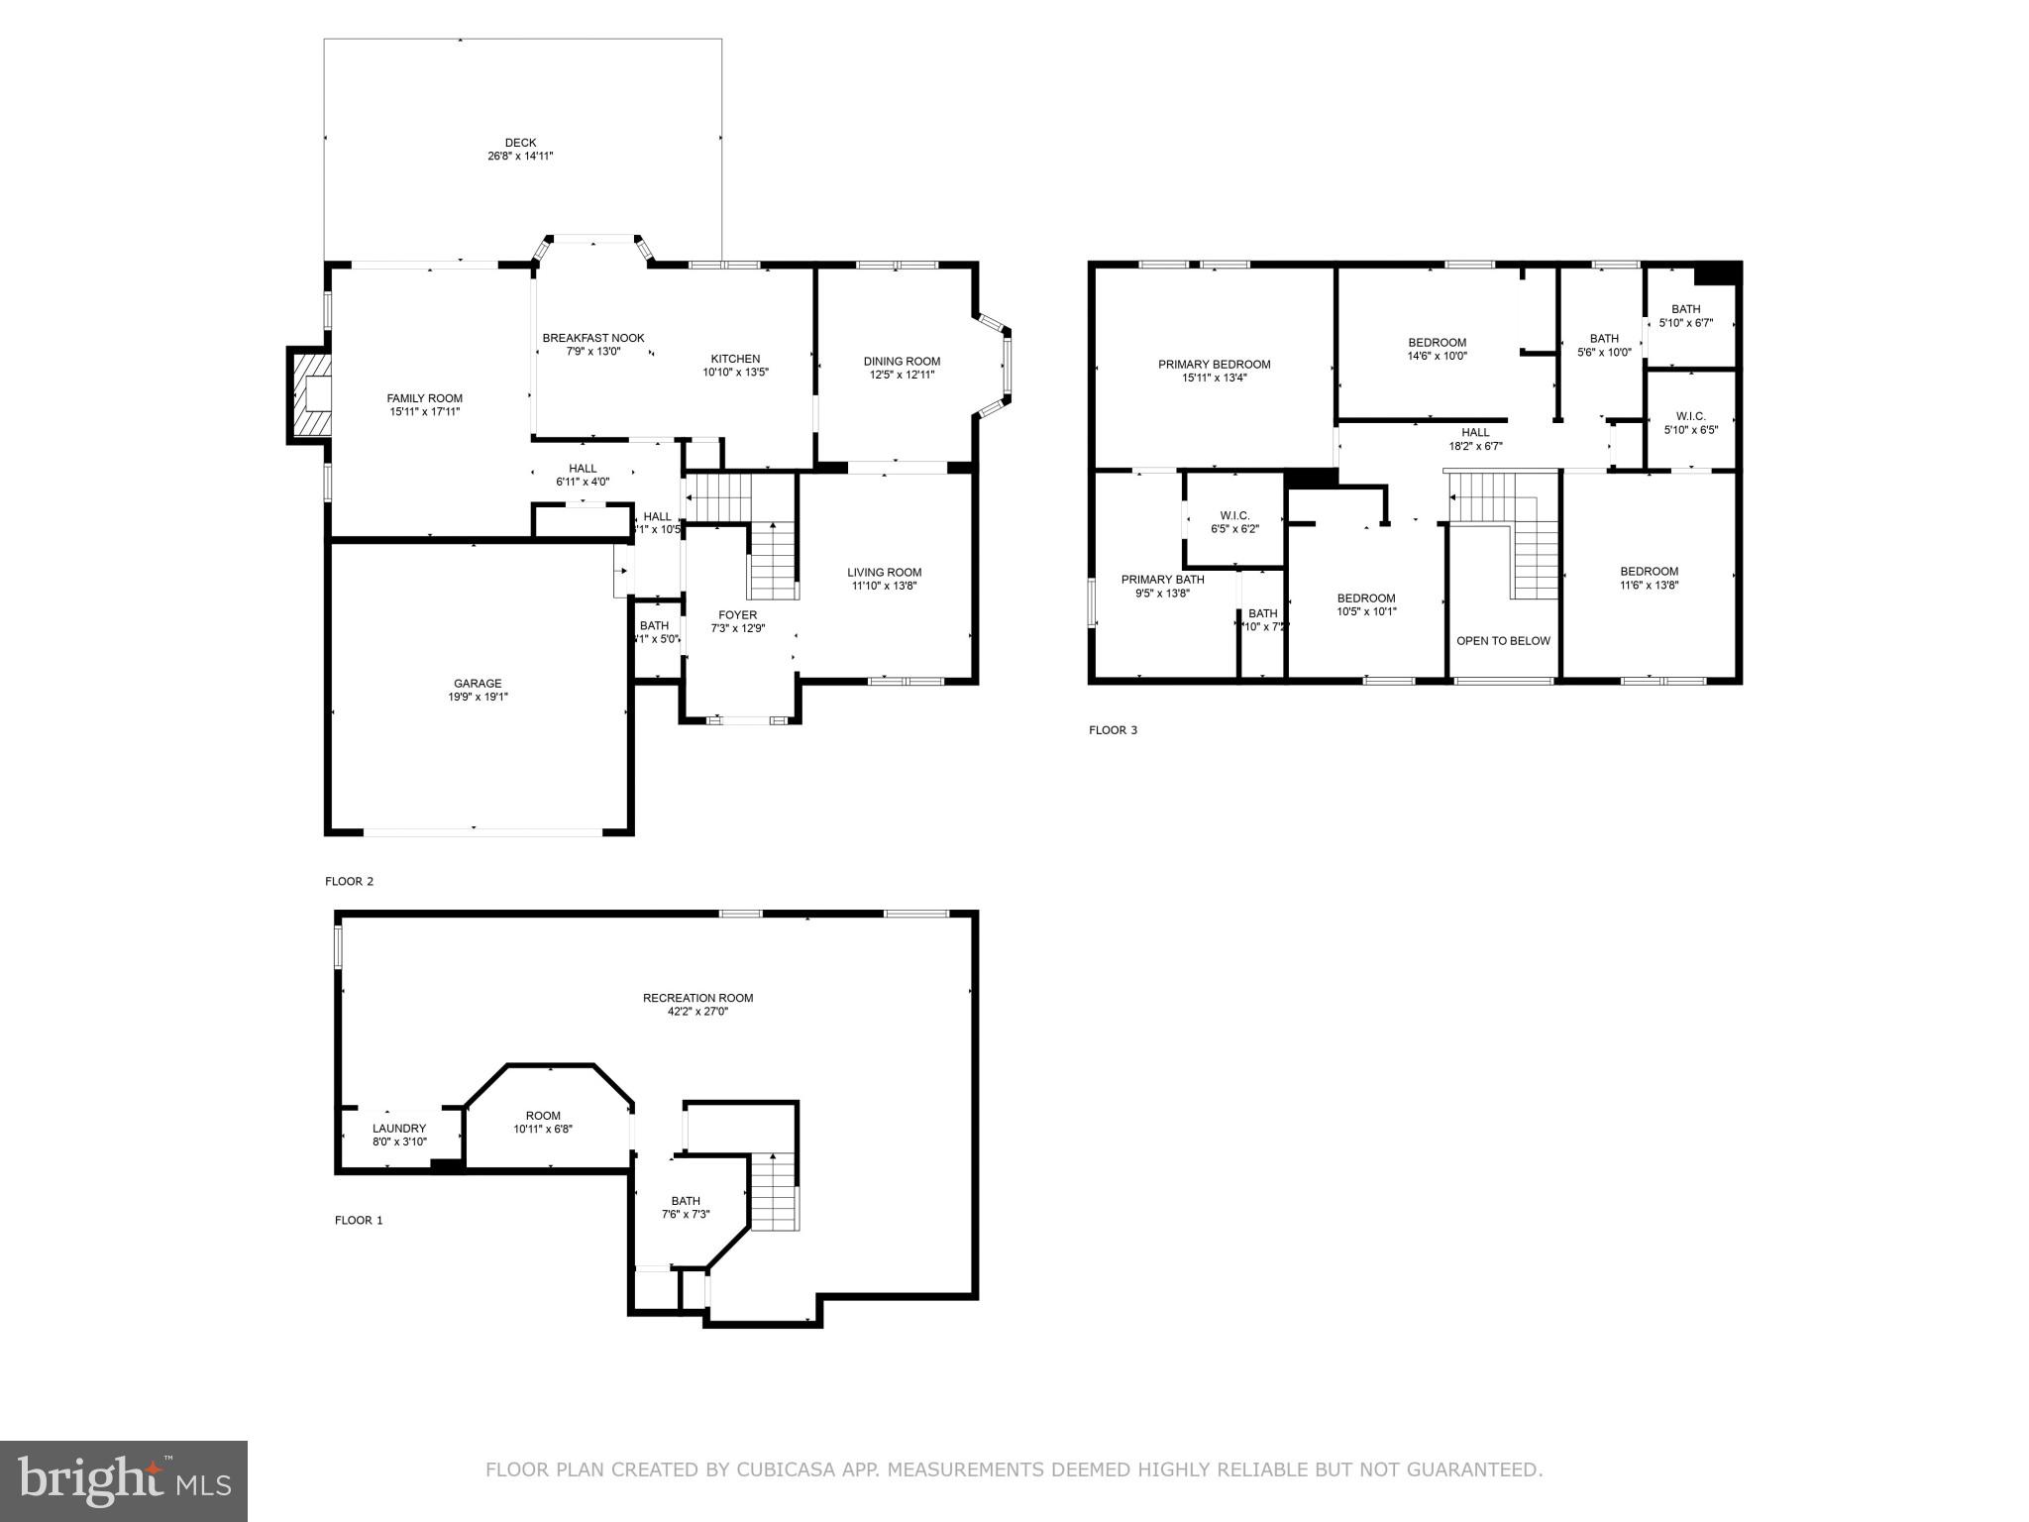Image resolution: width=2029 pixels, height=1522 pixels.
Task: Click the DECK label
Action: click(x=520, y=143)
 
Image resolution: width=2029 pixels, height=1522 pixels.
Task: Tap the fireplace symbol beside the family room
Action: click(x=310, y=395)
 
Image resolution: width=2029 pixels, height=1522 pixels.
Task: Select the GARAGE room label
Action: click(x=478, y=684)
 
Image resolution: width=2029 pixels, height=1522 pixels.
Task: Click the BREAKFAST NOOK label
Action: click(x=593, y=338)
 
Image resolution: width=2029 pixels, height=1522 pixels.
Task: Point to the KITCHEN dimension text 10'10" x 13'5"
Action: click(x=735, y=373)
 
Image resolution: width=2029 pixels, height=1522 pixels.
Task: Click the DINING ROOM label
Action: click(x=902, y=361)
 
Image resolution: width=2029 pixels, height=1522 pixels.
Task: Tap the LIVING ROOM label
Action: click(x=884, y=572)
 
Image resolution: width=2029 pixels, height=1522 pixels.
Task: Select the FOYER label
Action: click(x=737, y=615)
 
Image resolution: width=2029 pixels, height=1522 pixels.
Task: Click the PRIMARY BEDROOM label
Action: click(x=1214, y=365)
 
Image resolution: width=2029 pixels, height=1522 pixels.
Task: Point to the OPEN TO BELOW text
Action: click(x=1503, y=641)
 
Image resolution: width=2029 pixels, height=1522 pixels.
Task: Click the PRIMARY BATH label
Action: click(x=1162, y=580)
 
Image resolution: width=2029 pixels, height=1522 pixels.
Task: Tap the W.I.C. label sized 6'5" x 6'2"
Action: click(x=1234, y=516)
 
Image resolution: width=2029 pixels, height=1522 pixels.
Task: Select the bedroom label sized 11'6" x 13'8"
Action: click(x=1649, y=572)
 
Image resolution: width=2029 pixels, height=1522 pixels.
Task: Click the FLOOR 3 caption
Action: click(x=1113, y=730)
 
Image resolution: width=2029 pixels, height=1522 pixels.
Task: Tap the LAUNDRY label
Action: click(x=399, y=1129)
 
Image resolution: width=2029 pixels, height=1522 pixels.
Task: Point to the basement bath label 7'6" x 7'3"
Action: click(x=685, y=1201)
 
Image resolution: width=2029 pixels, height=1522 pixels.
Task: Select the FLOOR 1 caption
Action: click(x=358, y=1220)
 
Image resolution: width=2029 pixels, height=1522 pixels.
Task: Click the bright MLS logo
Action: click(x=123, y=1480)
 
